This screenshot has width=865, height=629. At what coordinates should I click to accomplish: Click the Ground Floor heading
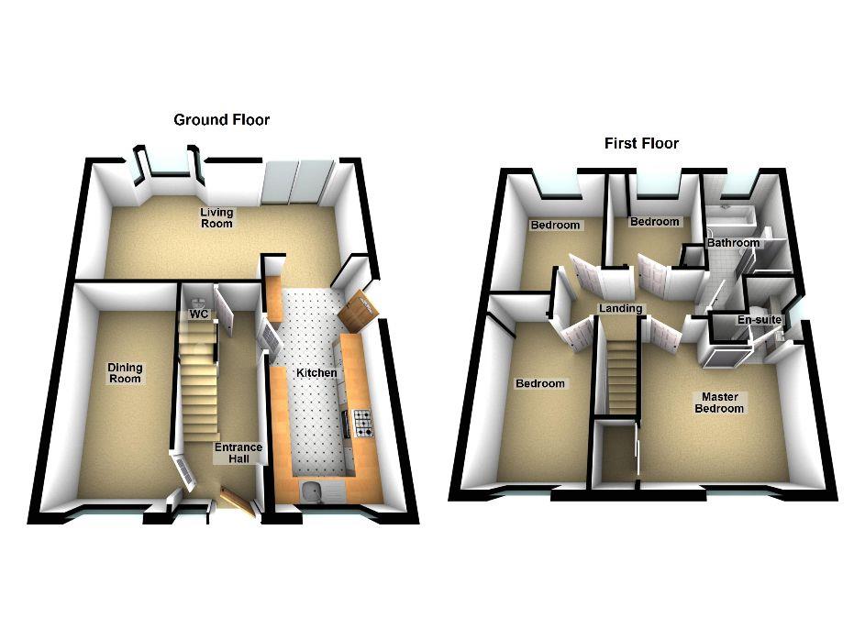click(x=221, y=119)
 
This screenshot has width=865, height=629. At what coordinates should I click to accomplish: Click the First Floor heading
click(x=641, y=143)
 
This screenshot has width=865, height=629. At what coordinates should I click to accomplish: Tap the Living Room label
click(x=216, y=217)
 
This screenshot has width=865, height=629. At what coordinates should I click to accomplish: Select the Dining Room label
click(x=125, y=373)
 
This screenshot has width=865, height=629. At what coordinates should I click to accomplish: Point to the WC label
click(x=199, y=314)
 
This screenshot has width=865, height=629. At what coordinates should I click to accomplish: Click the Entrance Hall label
click(x=238, y=453)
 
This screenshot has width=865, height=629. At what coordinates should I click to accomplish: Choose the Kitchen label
click(x=316, y=373)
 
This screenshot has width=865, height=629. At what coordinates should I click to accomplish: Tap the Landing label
click(x=621, y=309)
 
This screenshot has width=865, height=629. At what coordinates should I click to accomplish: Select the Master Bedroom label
click(x=719, y=403)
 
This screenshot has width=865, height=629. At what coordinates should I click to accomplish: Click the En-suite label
click(x=760, y=320)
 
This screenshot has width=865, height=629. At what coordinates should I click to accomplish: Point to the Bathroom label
click(x=733, y=243)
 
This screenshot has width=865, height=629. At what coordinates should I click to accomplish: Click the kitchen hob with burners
click(x=362, y=424)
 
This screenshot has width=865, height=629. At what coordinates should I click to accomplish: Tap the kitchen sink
click(x=312, y=491)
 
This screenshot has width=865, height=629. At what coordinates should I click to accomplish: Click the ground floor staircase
click(x=198, y=381)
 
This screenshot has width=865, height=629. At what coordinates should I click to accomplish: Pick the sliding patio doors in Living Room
click(x=298, y=182)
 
